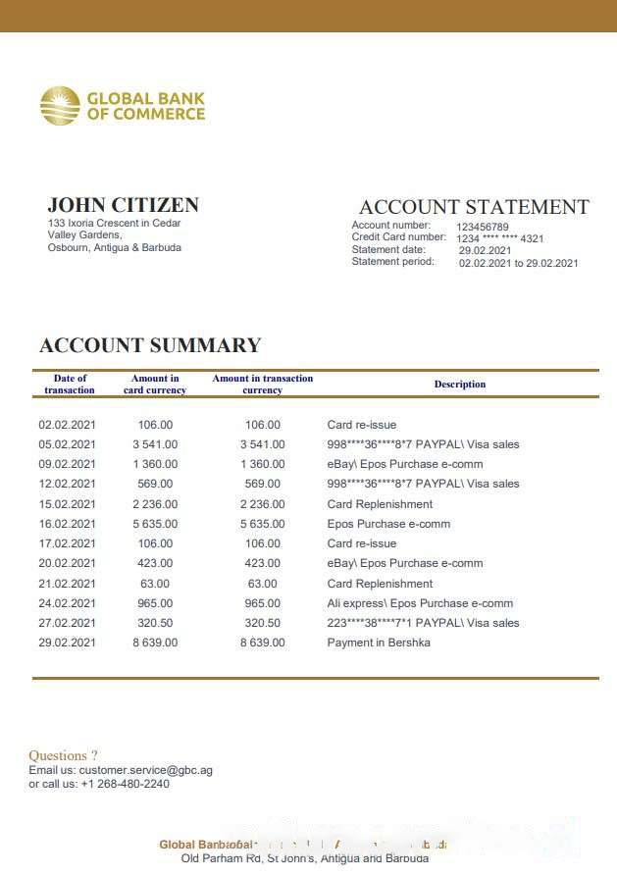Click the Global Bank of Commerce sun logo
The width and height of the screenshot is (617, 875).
click(60, 106)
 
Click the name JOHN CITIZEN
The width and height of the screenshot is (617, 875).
click(123, 205)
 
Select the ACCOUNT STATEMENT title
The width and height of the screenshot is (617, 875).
click(474, 207)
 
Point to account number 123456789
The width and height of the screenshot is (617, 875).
click(483, 227)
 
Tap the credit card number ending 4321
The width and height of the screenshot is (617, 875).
click(500, 238)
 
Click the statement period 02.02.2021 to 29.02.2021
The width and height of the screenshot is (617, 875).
click(518, 263)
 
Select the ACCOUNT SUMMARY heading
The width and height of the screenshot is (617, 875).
click(150, 345)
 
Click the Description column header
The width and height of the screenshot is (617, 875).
click(460, 385)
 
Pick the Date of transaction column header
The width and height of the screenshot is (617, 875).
click(70, 384)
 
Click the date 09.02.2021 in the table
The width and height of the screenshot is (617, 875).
click(67, 464)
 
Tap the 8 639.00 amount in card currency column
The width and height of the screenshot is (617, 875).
click(155, 643)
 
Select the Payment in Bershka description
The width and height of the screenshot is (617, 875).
click(378, 643)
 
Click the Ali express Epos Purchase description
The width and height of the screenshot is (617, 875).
click(420, 603)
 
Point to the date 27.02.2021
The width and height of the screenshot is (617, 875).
click(67, 623)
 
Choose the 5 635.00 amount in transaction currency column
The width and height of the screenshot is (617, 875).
click(262, 524)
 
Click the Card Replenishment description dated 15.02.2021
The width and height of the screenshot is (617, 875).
click(380, 504)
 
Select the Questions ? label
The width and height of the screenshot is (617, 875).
click(63, 755)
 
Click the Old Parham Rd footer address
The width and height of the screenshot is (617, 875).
click(305, 858)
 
